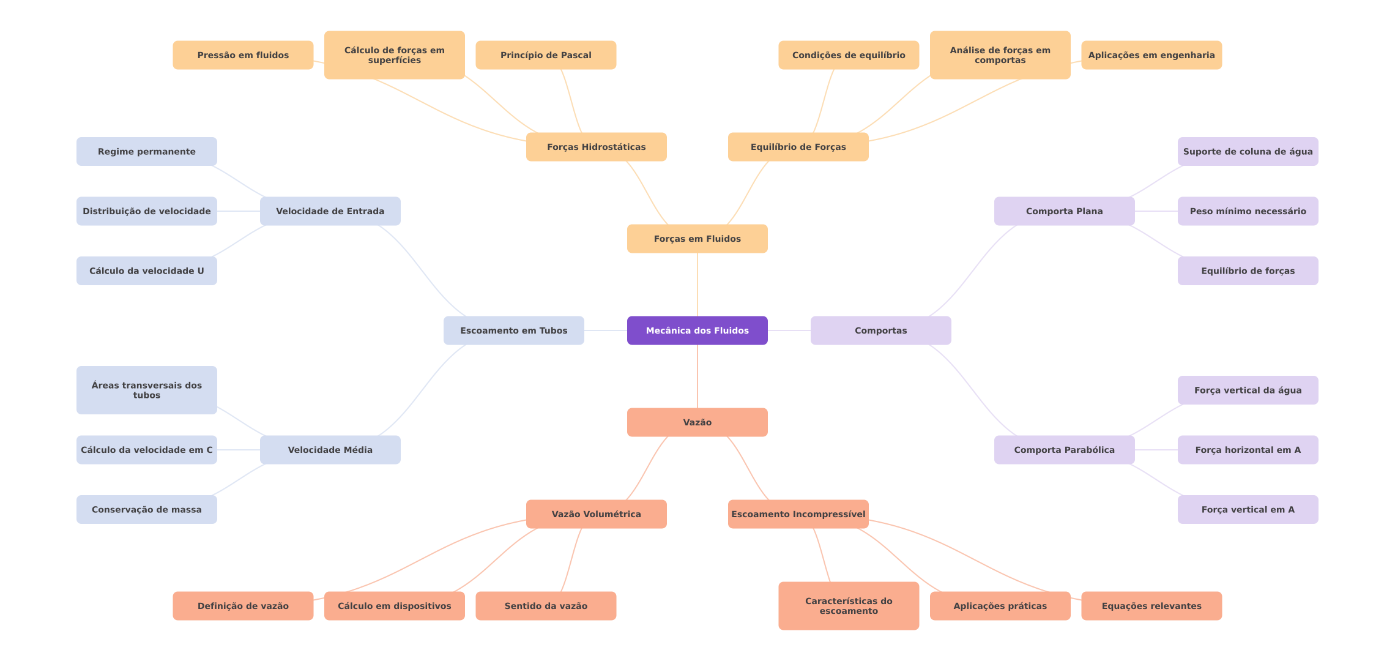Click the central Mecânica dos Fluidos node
pyautogui.click(x=697, y=330)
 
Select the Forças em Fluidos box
pyautogui.click(x=697, y=239)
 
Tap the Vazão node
pyautogui.click(x=697, y=422)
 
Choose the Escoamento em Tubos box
pyautogui.click(x=513, y=330)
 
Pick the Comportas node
pyautogui.click(x=880, y=330)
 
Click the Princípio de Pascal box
pyautogui.click(x=546, y=55)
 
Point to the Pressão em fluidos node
pyautogui.click(x=243, y=55)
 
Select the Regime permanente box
pyautogui.click(x=146, y=151)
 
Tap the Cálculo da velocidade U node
pyautogui.click(x=146, y=271)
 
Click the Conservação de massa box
pyautogui.click(x=146, y=509)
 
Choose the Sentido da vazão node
pyautogui.click(x=546, y=606)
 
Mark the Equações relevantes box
pyautogui.click(x=1151, y=606)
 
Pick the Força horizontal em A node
pyautogui.click(x=1248, y=450)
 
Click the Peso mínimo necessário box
pyautogui.click(x=1248, y=211)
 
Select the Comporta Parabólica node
pyautogui.click(x=1064, y=450)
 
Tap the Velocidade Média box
pyautogui.click(x=330, y=450)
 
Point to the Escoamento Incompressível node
pyautogui.click(x=798, y=514)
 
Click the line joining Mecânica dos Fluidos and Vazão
pyautogui.click(x=697, y=376)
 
